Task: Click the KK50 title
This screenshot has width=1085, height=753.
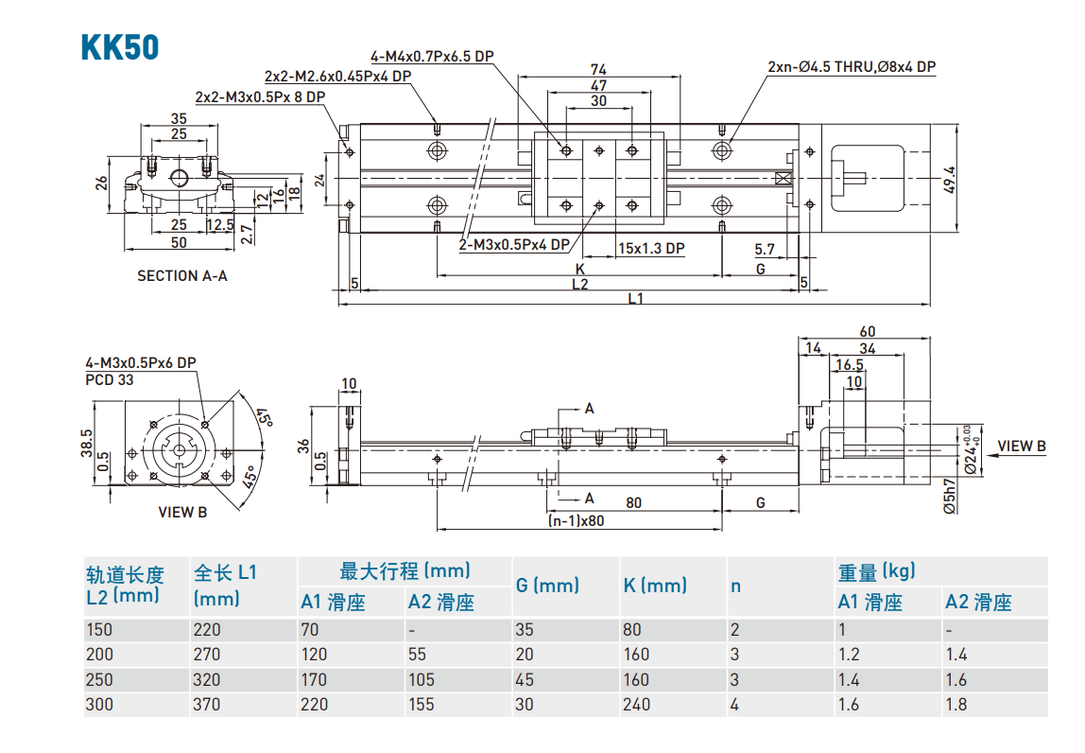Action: pos(120,47)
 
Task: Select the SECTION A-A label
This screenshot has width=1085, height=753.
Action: pos(182,276)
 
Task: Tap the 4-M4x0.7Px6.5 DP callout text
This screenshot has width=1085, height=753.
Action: pos(433,56)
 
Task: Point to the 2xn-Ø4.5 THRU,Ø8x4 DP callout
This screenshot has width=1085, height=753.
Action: pos(851,66)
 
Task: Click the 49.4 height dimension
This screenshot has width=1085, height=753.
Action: pos(950,179)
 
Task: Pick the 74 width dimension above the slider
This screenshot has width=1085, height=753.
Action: pos(597,69)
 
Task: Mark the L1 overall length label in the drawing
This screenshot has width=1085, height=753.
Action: pos(635,298)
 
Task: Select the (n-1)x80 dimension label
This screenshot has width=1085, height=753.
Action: pos(576,520)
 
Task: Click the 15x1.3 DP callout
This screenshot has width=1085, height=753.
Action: pos(650,248)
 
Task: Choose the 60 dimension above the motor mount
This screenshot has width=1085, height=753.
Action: pos(867,331)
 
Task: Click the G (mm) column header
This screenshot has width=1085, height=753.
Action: pos(547,586)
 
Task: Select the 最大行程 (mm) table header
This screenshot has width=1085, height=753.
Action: pos(405,570)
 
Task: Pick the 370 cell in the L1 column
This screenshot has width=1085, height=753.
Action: pos(207,705)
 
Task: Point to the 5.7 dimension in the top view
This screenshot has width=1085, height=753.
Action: pos(765,249)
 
